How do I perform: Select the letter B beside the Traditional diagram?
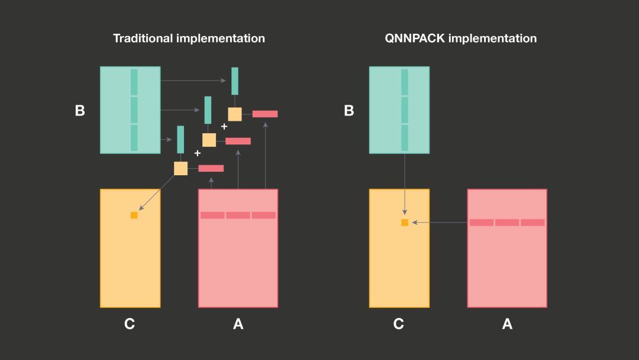(x=80, y=111)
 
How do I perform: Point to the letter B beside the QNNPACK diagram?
(x=349, y=111)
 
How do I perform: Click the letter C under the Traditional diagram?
(x=130, y=324)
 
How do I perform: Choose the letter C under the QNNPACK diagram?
(x=399, y=324)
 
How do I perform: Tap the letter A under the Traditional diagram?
(x=238, y=324)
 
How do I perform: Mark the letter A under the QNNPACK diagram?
(x=507, y=324)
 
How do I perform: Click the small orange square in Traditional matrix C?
(x=134, y=216)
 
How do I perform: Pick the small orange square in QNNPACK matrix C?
(x=405, y=223)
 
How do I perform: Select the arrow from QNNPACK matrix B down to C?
(x=405, y=184)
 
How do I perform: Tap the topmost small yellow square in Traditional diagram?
(x=235, y=114)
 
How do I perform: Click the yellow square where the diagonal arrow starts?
(x=180, y=168)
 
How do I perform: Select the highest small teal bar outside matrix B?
(x=235, y=81)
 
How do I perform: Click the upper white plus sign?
(x=224, y=127)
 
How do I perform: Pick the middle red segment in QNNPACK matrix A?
(x=507, y=223)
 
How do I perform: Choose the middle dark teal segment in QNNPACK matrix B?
(x=405, y=110)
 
